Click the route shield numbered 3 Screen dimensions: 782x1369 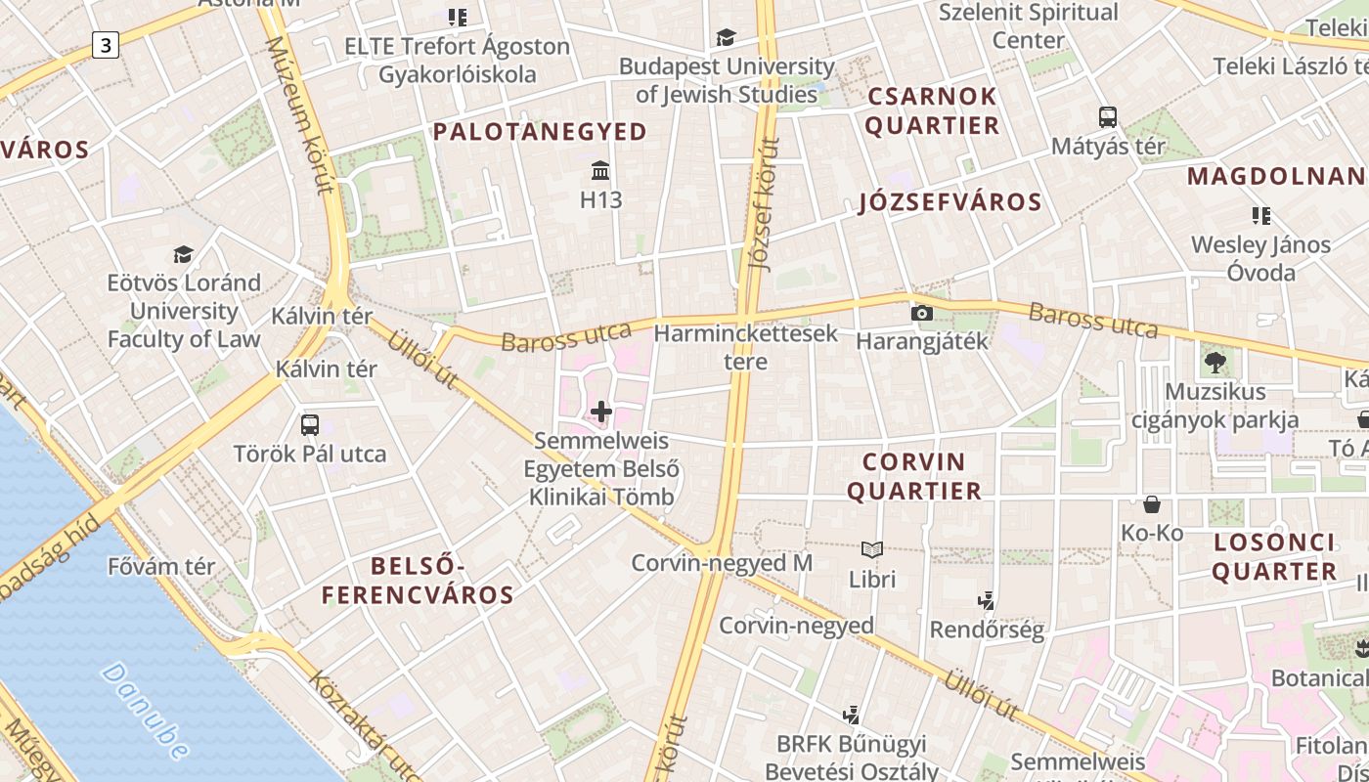pyautogui.click(x=106, y=44)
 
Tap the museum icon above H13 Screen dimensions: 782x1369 pyautogui.click(x=600, y=172)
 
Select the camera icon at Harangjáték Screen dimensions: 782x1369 pyautogui.click(x=921, y=314)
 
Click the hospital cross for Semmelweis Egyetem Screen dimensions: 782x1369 pyautogui.click(x=600, y=413)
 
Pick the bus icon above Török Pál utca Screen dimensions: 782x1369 pyautogui.click(x=310, y=425)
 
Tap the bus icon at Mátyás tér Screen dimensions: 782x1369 pyautogui.click(x=1108, y=117)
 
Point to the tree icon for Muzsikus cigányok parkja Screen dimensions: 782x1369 pyautogui.click(x=1215, y=363)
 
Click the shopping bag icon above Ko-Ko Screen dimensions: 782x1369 pyautogui.click(x=1152, y=504)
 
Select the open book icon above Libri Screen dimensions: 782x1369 pyautogui.click(x=872, y=550)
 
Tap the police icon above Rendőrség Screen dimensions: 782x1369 pyautogui.click(x=987, y=600)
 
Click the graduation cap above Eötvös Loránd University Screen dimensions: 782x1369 pyautogui.click(x=183, y=255)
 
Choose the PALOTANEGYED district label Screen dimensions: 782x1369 pyautogui.click(x=540, y=132)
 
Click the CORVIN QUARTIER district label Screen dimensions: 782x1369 pyautogui.click(x=913, y=476)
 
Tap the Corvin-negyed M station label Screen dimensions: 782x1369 pyautogui.click(x=722, y=563)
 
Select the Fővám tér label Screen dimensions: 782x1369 pyautogui.click(x=161, y=566)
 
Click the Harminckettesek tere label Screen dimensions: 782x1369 pyautogui.click(x=745, y=347)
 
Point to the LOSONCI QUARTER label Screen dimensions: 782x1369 pyautogui.click(x=1274, y=557)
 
